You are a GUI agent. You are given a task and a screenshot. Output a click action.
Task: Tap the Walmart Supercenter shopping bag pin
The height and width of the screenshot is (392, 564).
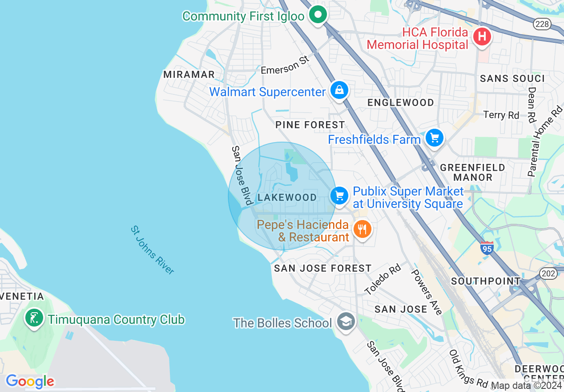click(339, 90)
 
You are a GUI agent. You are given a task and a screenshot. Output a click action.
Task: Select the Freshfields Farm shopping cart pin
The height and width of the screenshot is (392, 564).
click(435, 138)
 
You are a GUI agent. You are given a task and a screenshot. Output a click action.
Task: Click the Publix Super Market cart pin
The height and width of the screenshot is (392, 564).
click(340, 195)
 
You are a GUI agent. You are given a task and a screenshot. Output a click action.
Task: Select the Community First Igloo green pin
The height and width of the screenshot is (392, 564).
click(318, 15)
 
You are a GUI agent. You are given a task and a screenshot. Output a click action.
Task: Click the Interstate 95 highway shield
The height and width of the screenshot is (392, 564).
click(487, 248)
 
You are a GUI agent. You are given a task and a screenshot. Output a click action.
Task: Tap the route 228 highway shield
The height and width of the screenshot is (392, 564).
click(542, 24)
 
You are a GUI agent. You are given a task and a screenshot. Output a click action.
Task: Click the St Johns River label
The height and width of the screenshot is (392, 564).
click(152, 250)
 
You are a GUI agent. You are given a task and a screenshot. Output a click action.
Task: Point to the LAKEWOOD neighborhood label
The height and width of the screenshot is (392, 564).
click(287, 197)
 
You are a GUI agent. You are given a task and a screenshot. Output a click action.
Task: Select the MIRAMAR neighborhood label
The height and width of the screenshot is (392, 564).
click(189, 74)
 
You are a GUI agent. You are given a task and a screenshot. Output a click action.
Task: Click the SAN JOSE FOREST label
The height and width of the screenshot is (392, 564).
click(322, 268)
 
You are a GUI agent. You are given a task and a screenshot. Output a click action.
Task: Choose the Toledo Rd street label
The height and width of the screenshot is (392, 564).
click(382, 279)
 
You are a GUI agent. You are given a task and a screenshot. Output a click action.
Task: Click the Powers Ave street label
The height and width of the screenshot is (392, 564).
click(426, 291)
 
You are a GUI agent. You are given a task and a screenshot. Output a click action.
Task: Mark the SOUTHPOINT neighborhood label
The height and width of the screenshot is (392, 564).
click(486, 281)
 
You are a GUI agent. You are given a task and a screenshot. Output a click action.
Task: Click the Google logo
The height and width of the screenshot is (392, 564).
click(30, 381)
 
